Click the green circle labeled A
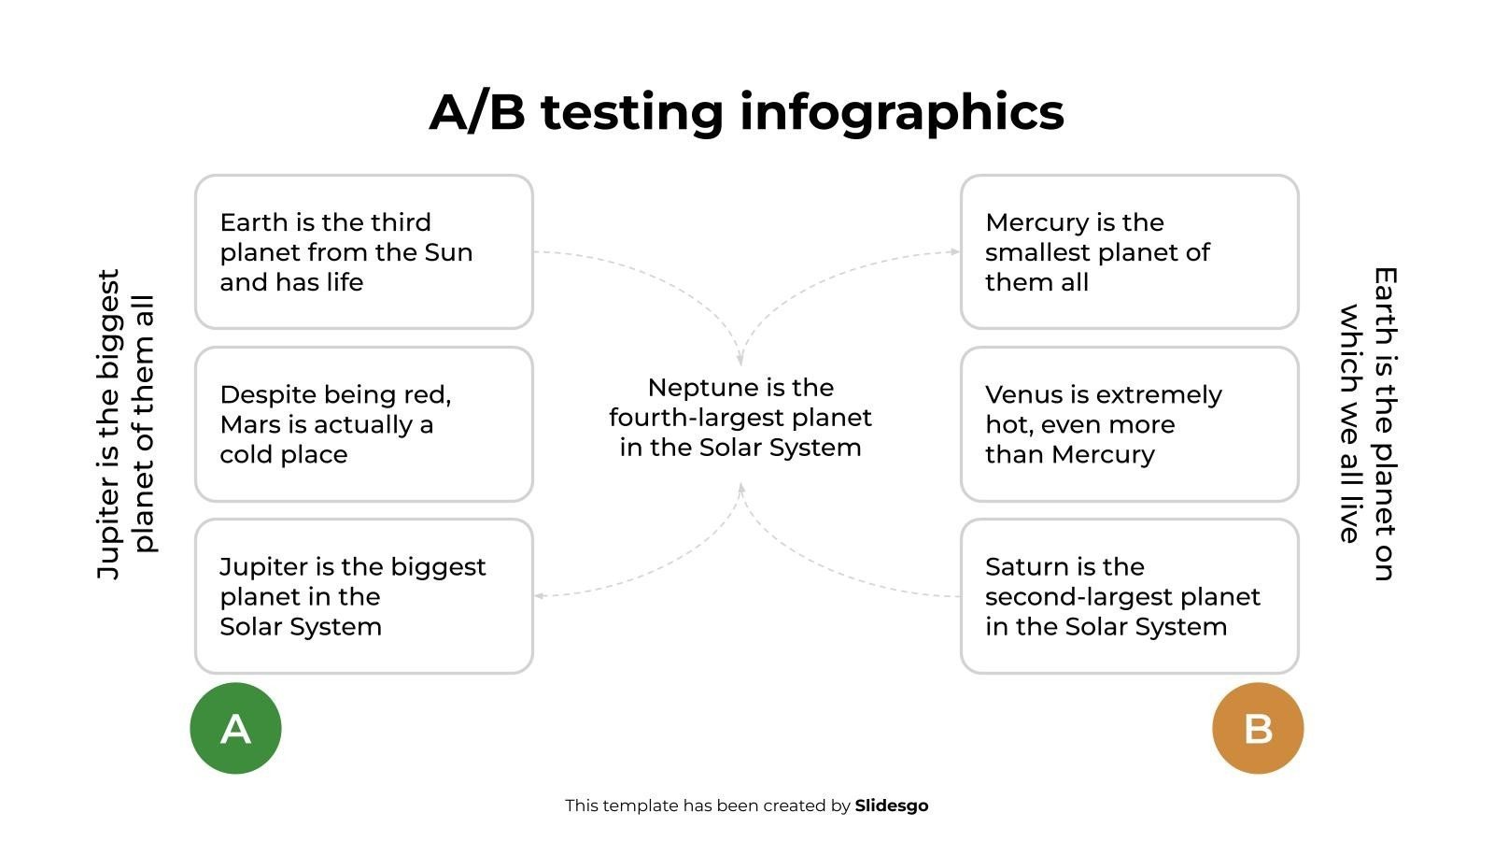click(235, 728)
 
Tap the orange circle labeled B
click(1258, 728)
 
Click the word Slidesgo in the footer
click(892, 806)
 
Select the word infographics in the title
click(902, 113)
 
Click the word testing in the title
click(632, 113)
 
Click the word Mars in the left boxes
click(247, 424)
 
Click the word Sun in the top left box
click(448, 252)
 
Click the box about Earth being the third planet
click(364, 251)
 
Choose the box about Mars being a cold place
click(364, 424)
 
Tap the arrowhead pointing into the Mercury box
click(955, 251)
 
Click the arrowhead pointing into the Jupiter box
click(540, 595)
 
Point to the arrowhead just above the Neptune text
click(740, 359)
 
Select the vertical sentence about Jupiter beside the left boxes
click(126, 424)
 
